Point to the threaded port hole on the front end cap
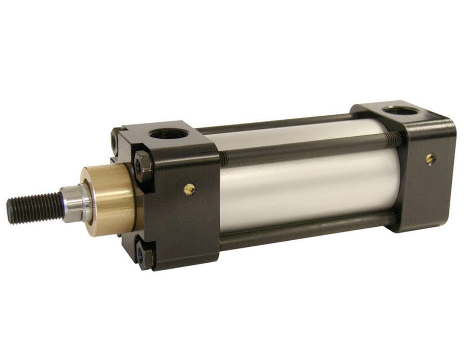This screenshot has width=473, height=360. [x=168, y=134]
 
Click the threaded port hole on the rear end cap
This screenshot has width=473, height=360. [x=400, y=111]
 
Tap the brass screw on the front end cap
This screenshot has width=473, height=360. [x=189, y=190]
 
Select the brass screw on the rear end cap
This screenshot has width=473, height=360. [x=430, y=158]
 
